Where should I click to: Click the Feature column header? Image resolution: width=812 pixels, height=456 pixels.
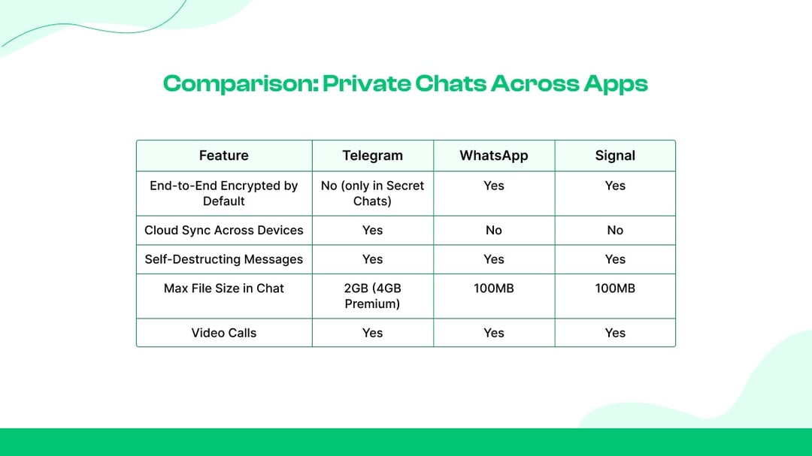[224, 156]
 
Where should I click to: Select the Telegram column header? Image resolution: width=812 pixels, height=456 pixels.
[372, 156]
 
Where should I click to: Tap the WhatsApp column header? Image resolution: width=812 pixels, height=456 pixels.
[493, 156]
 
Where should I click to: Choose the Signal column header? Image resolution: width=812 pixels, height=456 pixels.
[615, 156]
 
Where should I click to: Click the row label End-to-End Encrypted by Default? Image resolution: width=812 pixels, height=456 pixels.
[224, 193]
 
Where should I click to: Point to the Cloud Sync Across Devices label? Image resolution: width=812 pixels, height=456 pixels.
[224, 231]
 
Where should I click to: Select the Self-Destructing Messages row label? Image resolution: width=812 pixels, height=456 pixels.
[224, 259]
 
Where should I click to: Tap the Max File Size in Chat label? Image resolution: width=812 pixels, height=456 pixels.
[224, 288]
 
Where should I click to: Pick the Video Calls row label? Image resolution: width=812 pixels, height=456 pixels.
[224, 333]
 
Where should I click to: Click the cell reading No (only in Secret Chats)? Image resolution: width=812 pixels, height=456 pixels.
[372, 193]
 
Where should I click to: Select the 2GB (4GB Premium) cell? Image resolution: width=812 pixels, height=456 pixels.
[372, 295]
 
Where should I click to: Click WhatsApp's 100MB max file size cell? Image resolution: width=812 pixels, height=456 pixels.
[493, 288]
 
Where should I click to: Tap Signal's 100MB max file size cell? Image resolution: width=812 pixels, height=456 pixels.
[615, 288]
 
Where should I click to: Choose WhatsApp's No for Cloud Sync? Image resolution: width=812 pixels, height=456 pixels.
[493, 231]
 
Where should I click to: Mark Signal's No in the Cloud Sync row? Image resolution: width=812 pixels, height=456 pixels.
[615, 231]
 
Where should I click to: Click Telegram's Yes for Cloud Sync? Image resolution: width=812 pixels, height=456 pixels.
[372, 231]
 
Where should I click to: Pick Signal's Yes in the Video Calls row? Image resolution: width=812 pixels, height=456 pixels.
[615, 333]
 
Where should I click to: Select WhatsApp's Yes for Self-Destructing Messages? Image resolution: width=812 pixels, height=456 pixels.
[493, 259]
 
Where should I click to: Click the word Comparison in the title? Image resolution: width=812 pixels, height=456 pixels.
[241, 84]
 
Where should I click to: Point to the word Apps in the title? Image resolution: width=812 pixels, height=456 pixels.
[616, 84]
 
